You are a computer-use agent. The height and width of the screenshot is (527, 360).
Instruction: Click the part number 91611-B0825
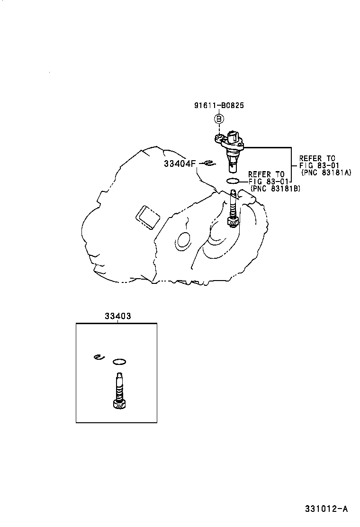[219, 106]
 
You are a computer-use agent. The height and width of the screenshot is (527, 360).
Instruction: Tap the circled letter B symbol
[219, 119]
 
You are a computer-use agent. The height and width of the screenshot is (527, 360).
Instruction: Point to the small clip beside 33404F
[208, 164]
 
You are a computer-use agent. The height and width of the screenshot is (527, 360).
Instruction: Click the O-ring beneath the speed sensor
[233, 181]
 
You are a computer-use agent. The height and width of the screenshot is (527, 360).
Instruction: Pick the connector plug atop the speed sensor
[234, 137]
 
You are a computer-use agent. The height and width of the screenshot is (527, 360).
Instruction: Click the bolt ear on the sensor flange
[217, 138]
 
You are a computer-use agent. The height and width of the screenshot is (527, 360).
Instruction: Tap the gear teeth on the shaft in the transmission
[233, 221]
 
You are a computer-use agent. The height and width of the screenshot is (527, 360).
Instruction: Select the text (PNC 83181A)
[326, 173]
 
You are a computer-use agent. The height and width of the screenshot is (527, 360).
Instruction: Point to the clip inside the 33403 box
[98, 357]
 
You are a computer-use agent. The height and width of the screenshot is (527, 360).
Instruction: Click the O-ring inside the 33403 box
[119, 362]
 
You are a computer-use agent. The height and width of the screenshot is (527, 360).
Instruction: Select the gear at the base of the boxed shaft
[119, 404]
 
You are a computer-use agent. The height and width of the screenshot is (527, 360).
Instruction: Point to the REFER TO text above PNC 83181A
[317, 158]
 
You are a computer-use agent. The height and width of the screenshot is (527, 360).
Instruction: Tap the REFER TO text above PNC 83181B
[267, 174]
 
